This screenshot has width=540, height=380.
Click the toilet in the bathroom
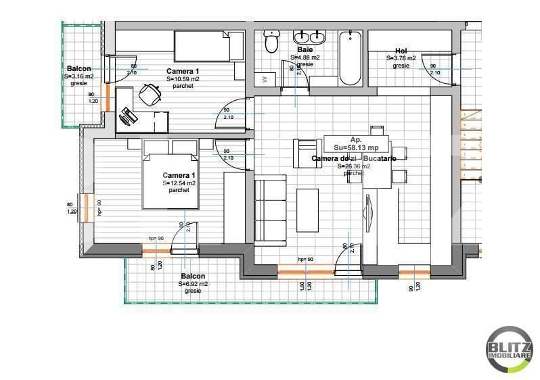click(x=272, y=42)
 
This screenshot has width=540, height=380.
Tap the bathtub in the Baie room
click(x=350, y=58)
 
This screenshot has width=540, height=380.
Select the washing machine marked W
click(x=265, y=80)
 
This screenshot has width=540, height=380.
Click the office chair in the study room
click(x=150, y=95)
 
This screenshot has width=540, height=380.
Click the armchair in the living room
click(x=306, y=153)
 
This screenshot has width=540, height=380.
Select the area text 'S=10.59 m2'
click(x=183, y=79)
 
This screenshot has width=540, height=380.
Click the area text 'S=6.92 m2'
click(x=193, y=284)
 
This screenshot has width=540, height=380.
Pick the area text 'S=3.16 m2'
click(x=79, y=76)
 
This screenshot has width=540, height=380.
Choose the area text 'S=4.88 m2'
click(x=305, y=57)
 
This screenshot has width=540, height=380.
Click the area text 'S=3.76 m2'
click(x=401, y=58)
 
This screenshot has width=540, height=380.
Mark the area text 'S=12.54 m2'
click(x=179, y=183)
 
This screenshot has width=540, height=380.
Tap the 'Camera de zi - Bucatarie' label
click(x=353, y=158)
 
